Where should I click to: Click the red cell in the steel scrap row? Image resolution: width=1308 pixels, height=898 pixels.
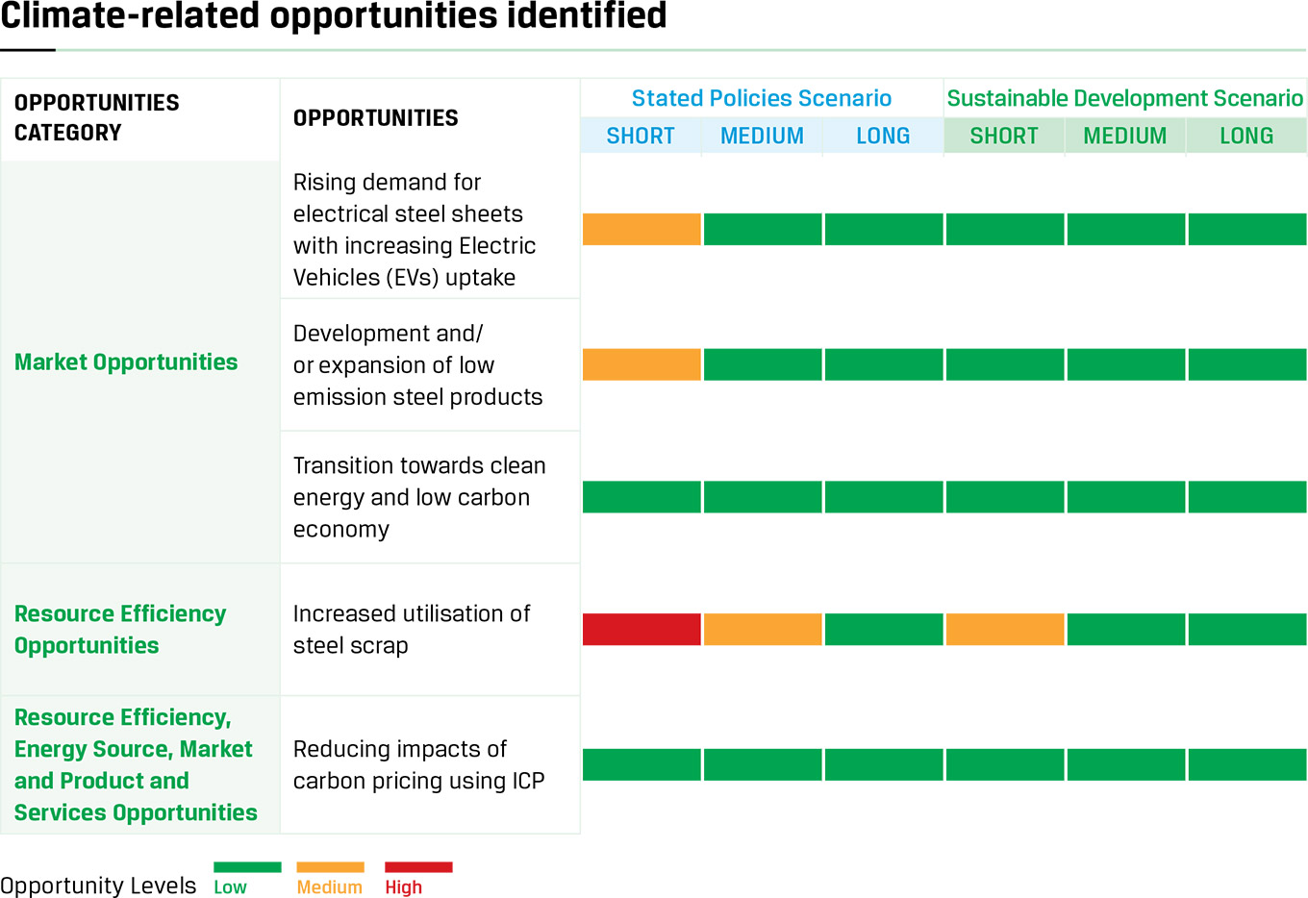[x=641, y=629]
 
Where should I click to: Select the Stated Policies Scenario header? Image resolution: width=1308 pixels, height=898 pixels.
[x=761, y=98]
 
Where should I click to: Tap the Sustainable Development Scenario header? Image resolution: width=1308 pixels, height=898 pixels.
[x=1124, y=98]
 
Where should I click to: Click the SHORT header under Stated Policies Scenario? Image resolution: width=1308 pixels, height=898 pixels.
[x=641, y=137]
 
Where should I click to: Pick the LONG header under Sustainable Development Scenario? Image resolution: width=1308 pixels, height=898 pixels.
[x=1246, y=137]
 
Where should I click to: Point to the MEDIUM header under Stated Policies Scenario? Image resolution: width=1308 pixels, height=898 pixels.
[x=762, y=137]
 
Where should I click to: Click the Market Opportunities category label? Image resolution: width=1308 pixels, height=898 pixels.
[x=126, y=362]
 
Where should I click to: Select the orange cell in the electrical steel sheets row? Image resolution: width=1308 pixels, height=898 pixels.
[x=641, y=229]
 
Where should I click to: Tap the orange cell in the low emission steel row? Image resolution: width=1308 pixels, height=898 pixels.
[x=641, y=364]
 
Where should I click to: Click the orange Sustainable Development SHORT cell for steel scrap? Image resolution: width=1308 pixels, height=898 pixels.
[x=1005, y=629]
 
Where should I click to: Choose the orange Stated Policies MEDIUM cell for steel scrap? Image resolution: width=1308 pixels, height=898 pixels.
[x=763, y=629]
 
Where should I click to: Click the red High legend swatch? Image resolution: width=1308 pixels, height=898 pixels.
[x=418, y=867]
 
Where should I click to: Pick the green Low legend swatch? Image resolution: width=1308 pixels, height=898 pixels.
[x=247, y=867]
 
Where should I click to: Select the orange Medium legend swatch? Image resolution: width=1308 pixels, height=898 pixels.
[x=330, y=867]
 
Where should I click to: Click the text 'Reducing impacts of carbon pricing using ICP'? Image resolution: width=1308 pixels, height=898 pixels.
[x=418, y=765]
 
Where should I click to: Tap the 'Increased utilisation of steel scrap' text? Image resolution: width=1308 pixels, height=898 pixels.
[x=412, y=630]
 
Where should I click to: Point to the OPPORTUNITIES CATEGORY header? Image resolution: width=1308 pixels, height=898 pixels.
[x=97, y=117]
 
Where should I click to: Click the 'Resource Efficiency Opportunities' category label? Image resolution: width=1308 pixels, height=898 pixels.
[x=120, y=630]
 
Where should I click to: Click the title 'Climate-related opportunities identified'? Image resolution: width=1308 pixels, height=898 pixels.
[x=334, y=15]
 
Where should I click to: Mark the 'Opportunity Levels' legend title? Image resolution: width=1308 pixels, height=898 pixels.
[x=98, y=886]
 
